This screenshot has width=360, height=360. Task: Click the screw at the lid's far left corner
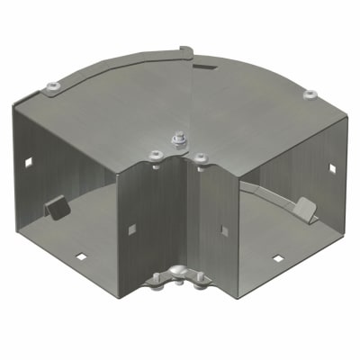(51, 85)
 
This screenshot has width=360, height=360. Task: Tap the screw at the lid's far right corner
(310, 94)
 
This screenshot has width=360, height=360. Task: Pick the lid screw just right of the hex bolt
(199, 157)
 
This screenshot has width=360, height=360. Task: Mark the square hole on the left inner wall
(131, 225)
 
